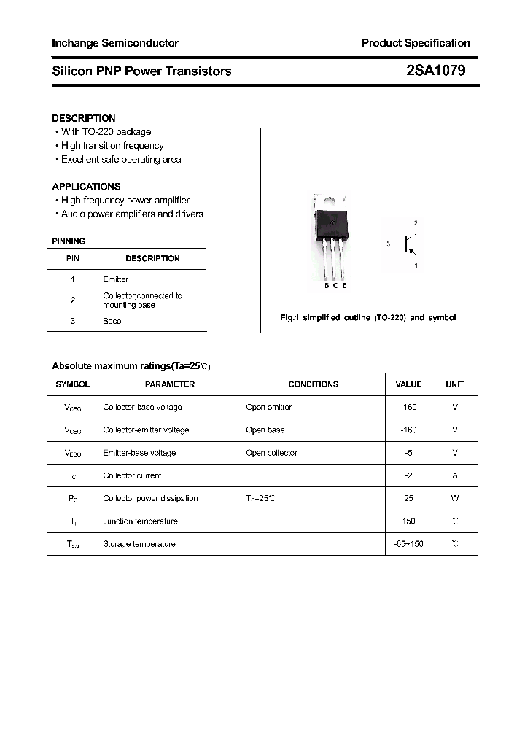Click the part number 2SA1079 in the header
[436, 71]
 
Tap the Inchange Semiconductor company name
[115, 43]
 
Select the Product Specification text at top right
[416, 43]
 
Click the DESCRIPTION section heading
[84, 118]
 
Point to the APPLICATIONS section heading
[86, 187]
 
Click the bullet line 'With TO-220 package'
[106, 132]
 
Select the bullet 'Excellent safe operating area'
[121, 159]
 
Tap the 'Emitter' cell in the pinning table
[115, 279]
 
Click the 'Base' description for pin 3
[112, 321]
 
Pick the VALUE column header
[408, 384]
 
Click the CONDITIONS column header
[313, 384]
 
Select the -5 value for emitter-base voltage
[408, 453]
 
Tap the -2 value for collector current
[408, 475]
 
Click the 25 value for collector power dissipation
[408, 498]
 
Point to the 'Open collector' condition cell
[272, 453]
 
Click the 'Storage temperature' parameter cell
[139, 544]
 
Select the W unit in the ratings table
[455, 498]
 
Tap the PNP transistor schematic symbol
[408, 244]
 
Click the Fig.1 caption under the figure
[368, 318]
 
